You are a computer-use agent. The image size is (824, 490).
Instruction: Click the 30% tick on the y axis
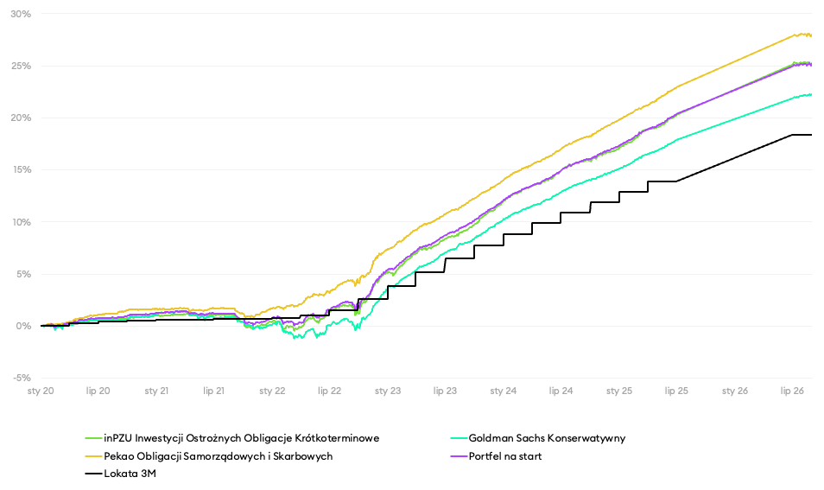(x=21, y=14)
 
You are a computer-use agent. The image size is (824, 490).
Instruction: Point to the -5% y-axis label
(x=21, y=378)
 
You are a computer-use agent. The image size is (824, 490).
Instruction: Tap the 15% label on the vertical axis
(x=21, y=170)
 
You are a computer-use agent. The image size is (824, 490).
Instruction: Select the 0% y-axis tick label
(x=23, y=326)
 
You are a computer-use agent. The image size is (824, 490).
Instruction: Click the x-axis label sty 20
(x=41, y=391)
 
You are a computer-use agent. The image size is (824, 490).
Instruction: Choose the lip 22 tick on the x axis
(x=329, y=391)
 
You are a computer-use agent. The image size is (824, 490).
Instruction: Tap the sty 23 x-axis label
(x=388, y=391)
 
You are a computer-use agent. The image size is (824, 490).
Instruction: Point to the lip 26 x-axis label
(x=792, y=391)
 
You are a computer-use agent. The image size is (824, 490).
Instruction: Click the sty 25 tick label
(x=619, y=391)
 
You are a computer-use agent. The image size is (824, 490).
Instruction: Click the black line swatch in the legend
(x=93, y=474)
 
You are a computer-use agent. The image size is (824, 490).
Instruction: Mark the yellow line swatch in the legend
(x=93, y=456)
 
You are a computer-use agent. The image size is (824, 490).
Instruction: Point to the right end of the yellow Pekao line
(x=811, y=35)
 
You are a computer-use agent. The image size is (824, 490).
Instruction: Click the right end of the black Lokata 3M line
(x=811, y=135)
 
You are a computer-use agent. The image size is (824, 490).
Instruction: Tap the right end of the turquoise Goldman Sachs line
(x=811, y=95)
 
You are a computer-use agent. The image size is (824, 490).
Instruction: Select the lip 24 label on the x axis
(x=561, y=391)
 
